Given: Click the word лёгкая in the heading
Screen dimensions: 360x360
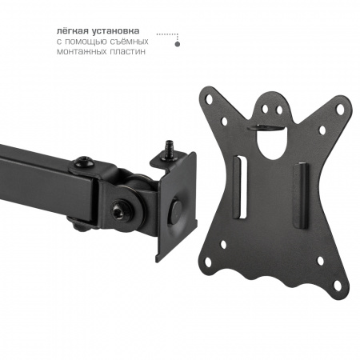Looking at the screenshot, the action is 73,30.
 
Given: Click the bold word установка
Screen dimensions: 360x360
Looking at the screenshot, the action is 116,31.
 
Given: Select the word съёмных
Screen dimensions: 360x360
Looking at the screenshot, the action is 130,42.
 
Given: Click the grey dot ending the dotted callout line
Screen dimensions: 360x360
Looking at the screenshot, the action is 178,44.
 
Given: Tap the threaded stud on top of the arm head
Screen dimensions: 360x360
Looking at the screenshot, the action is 169,150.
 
